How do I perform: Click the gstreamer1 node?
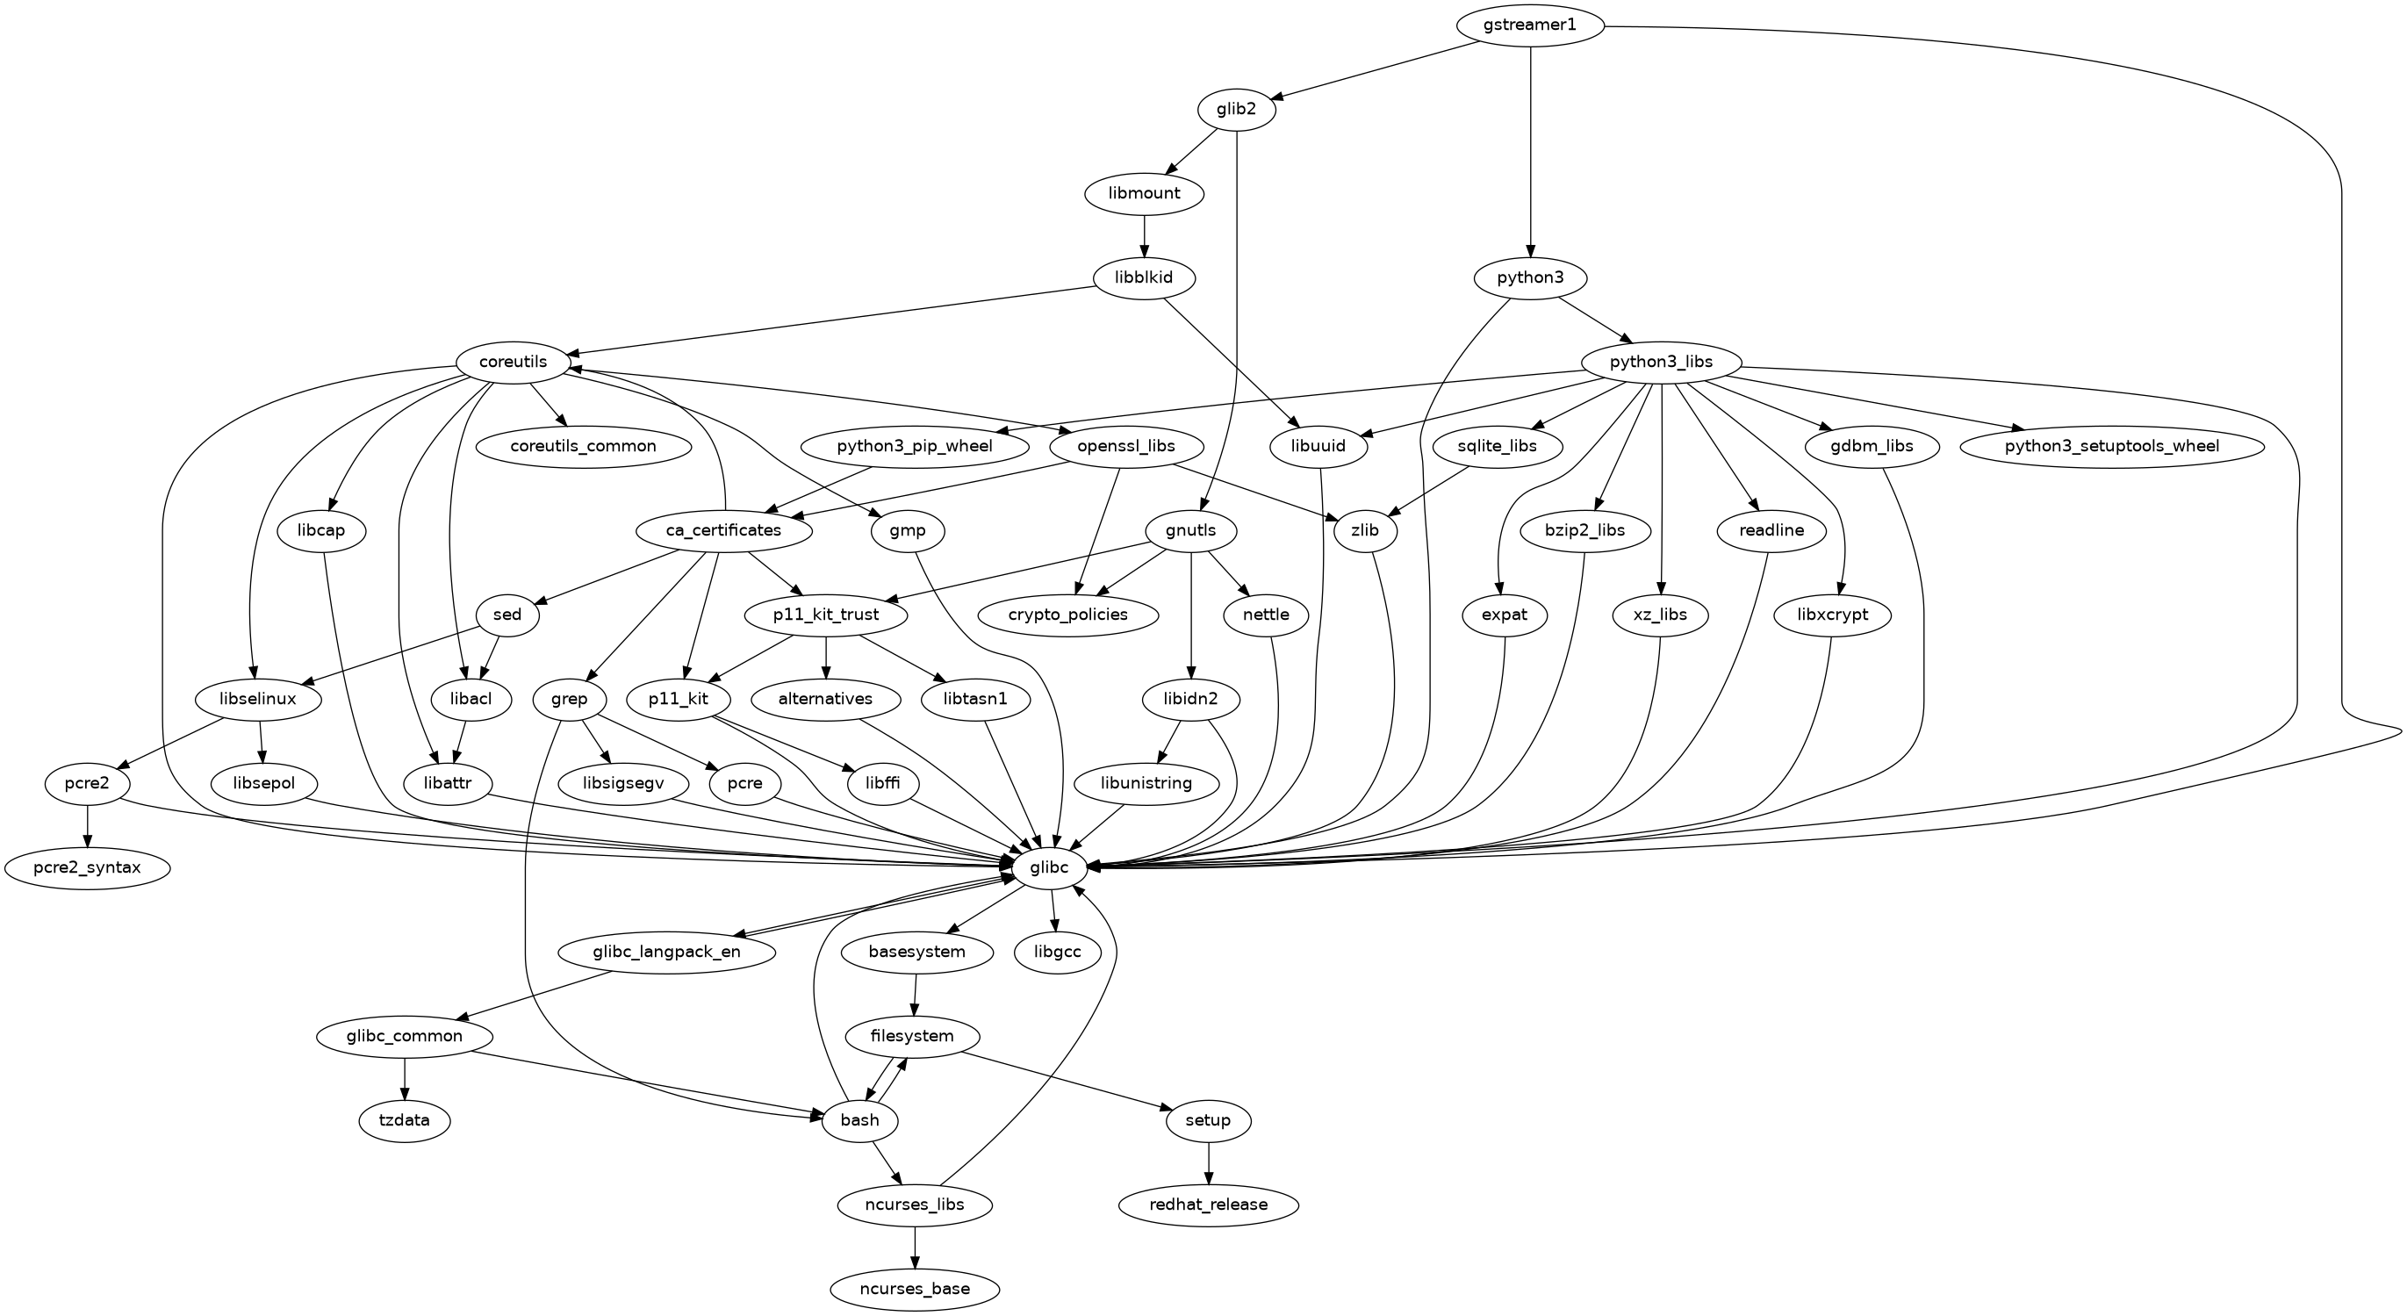click(x=1529, y=25)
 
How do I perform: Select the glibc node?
click(x=1048, y=868)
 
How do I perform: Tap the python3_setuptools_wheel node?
click(x=2112, y=446)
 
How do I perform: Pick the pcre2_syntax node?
click(x=87, y=868)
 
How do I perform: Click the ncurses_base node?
click(x=915, y=1289)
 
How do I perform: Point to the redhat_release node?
click(x=1208, y=1205)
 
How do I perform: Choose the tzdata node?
click(x=405, y=1119)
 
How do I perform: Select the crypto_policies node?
click(x=1068, y=615)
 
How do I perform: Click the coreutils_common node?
click(x=583, y=446)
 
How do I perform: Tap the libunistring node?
click(x=1146, y=783)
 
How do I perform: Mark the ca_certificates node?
click(x=723, y=531)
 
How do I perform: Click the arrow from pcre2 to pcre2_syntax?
click(x=87, y=825)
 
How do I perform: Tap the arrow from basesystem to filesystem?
click(x=915, y=995)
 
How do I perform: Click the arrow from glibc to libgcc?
click(x=1054, y=910)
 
